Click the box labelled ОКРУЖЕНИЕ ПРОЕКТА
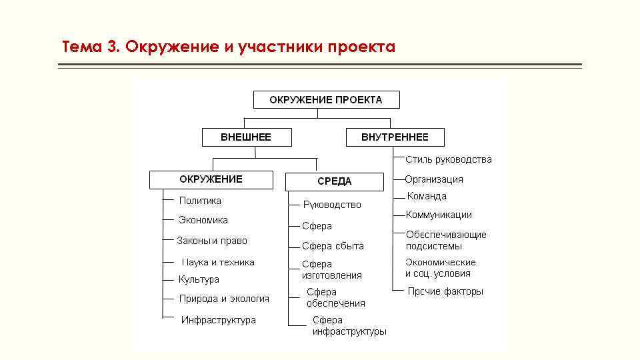(x=326, y=100)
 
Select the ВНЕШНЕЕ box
(x=246, y=137)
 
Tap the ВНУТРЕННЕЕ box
(x=395, y=137)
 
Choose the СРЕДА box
(x=334, y=181)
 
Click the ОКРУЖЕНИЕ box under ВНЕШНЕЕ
(x=211, y=179)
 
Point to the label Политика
(x=200, y=201)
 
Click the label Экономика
(x=203, y=220)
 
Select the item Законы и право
(x=212, y=241)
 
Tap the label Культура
(x=199, y=279)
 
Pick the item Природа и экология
(x=224, y=299)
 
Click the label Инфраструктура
(x=219, y=320)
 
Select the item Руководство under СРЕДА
(x=332, y=205)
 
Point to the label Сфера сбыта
(x=333, y=246)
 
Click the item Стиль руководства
(x=449, y=159)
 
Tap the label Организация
(x=434, y=179)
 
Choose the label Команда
(x=427, y=197)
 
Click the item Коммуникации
(x=439, y=215)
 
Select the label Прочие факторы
(x=445, y=291)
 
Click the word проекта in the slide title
(x=361, y=47)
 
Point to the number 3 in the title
(x=112, y=47)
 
